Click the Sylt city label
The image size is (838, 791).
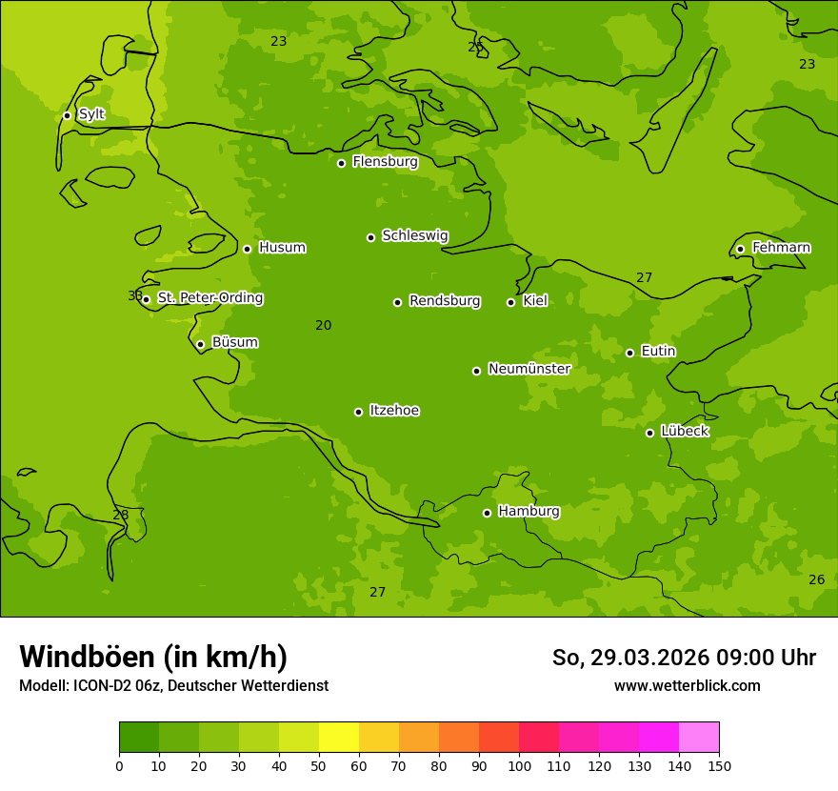(x=91, y=114)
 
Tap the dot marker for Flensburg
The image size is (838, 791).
(x=341, y=163)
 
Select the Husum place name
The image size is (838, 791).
(x=282, y=248)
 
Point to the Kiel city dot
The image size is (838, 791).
(x=510, y=302)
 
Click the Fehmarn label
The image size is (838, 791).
(x=781, y=248)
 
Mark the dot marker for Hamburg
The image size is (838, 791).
(x=487, y=513)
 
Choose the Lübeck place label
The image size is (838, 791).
(x=685, y=431)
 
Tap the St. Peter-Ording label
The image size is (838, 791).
(x=209, y=298)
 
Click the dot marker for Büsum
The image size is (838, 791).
(x=200, y=344)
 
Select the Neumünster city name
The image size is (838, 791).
(x=529, y=369)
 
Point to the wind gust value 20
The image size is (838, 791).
(x=324, y=325)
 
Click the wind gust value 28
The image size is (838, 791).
(x=121, y=515)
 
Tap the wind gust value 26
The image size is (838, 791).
(x=816, y=579)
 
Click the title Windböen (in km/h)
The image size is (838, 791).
(x=153, y=657)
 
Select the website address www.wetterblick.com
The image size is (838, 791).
(x=687, y=685)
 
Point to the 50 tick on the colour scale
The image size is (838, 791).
(x=319, y=765)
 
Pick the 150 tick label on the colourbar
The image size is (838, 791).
(x=719, y=765)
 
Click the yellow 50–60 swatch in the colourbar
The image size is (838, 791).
(x=339, y=738)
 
